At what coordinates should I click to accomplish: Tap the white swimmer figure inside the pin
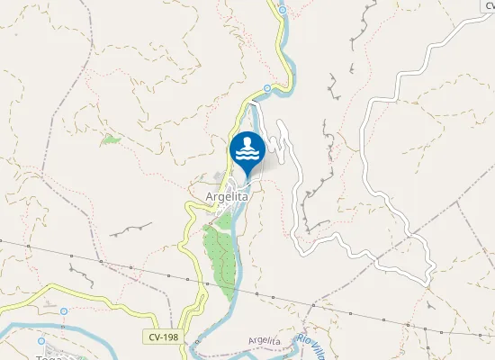[247, 147]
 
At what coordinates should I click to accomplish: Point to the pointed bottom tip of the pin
[247, 175]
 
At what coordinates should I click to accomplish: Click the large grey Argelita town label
[220, 193]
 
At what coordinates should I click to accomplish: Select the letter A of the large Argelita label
[197, 193]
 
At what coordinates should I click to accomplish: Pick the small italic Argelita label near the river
[264, 341]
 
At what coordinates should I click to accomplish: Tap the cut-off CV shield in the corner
[485, 4]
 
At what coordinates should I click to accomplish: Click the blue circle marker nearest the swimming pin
[267, 87]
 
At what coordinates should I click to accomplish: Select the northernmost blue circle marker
[282, 11]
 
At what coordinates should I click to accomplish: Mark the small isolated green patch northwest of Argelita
[110, 139]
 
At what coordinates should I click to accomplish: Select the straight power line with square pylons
[360, 310]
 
